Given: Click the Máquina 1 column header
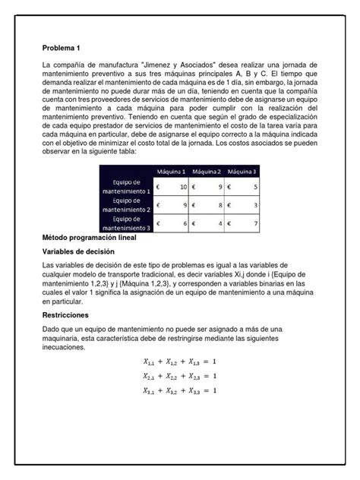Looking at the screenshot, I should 171,171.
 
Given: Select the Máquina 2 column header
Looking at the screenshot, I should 206,171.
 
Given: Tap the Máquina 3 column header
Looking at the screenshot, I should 242,171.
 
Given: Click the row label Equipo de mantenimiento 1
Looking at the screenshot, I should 126,187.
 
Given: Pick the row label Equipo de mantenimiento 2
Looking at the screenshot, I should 126,205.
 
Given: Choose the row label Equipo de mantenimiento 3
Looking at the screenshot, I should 126,223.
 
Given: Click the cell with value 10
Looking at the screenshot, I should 171,187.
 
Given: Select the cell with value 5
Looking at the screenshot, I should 242,187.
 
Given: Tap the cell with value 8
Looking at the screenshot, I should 206,205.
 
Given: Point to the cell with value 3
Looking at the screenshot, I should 242,205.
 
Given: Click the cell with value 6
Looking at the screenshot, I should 171,223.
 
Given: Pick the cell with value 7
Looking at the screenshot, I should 242,223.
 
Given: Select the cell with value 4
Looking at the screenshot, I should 206,223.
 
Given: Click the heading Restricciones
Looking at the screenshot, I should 66,314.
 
